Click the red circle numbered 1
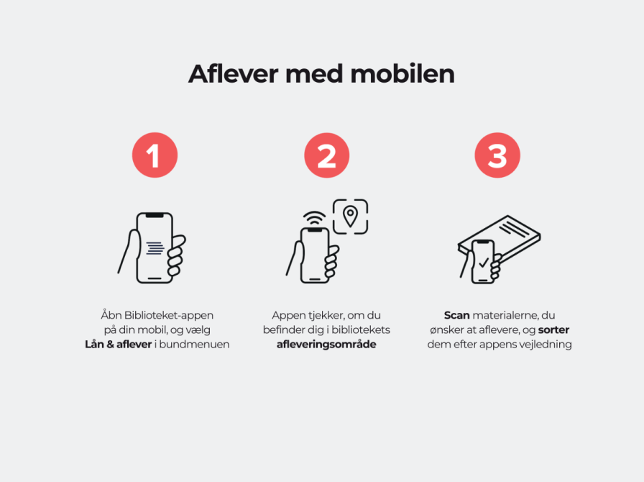click(155, 155)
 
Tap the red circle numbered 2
click(327, 155)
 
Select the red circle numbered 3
click(497, 155)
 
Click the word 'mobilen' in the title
click(402, 74)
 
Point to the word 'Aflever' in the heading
click(234, 74)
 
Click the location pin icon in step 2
click(350, 217)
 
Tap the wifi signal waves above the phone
click(315, 218)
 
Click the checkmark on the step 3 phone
click(484, 262)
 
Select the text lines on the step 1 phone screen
click(155, 248)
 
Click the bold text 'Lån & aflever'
click(119, 344)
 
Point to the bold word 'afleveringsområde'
click(326, 344)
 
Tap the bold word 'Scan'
click(456, 315)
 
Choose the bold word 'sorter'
click(553, 329)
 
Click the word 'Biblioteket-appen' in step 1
click(168, 315)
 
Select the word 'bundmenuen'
click(194, 344)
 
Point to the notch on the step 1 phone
click(155, 215)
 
